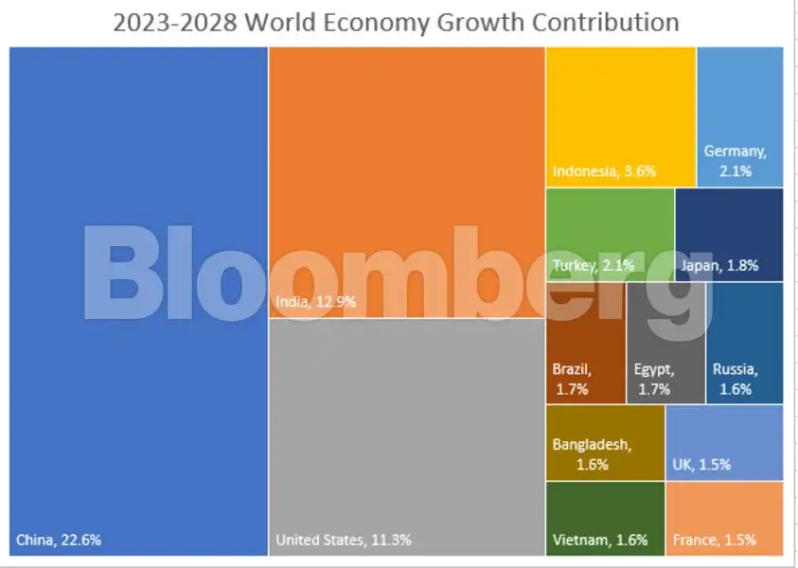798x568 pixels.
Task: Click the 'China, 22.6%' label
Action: [59, 541]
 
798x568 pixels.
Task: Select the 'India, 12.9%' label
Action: [317, 302]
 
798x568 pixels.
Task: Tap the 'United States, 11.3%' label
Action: [343, 541]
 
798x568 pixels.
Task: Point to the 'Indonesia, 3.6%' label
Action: [604, 171]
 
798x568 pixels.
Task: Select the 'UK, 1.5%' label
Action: [701, 465]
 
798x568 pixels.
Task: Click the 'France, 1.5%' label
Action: [714, 541]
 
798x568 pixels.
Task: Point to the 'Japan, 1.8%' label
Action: [718, 266]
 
